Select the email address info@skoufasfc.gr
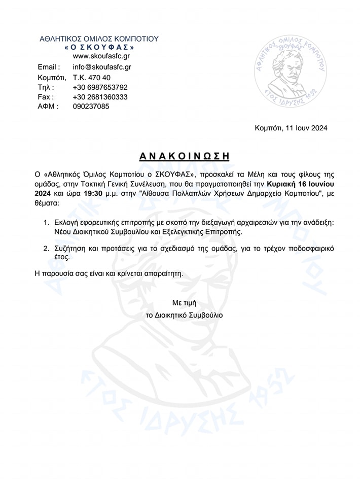click(x=102, y=66)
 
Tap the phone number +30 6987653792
click(x=100, y=87)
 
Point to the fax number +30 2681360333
click(x=100, y=97)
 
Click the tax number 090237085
click(x=91, y=107)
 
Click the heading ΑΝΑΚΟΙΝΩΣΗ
click(x=180, y=156)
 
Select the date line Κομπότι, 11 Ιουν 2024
click(x=291, y=128)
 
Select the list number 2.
click(x=45, y=248)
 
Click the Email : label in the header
click(x=49, y=66)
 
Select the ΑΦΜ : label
click(x=48, y=107)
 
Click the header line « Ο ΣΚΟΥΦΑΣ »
click(x=99, y=47)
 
